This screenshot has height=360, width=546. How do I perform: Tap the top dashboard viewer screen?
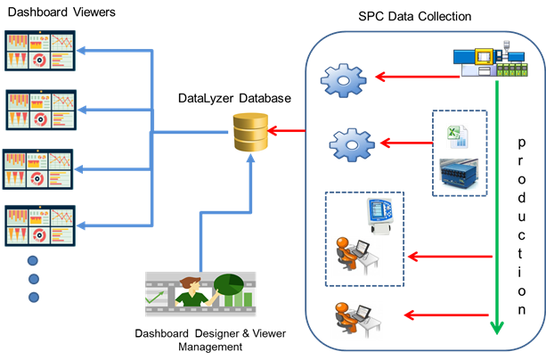click(41, 52)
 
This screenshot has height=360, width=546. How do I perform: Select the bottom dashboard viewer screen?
click(41, 225)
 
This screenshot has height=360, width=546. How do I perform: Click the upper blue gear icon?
click(345, 79)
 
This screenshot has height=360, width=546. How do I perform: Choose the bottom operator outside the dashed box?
click(355, 315)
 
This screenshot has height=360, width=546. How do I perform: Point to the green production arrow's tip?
click(497, 331)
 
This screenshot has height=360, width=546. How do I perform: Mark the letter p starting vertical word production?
click(522, 142)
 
